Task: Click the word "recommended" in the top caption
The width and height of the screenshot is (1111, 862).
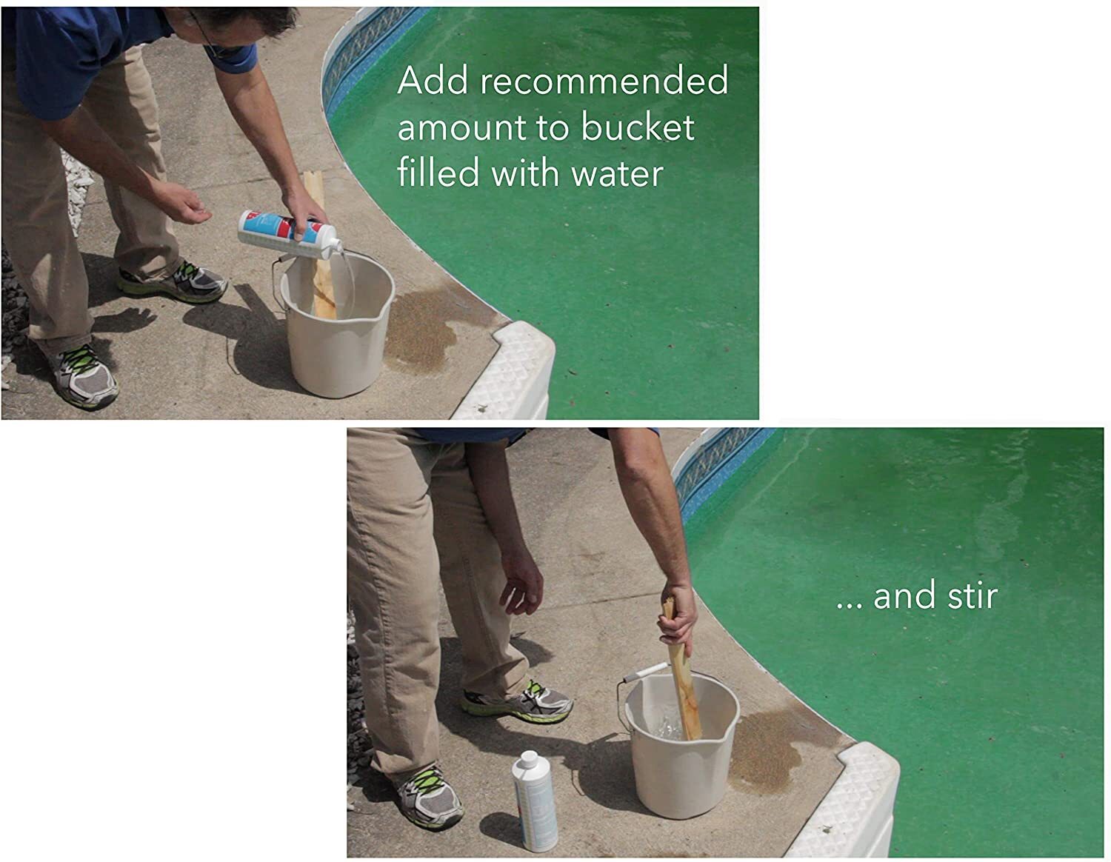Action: point(604,81)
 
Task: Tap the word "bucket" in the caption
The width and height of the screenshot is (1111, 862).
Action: point(638,127)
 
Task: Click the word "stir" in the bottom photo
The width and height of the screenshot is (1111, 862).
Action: point(972,596)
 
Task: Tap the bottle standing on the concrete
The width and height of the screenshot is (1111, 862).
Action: point(534,801)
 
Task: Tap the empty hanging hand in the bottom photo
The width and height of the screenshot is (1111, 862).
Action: point(522,585)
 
